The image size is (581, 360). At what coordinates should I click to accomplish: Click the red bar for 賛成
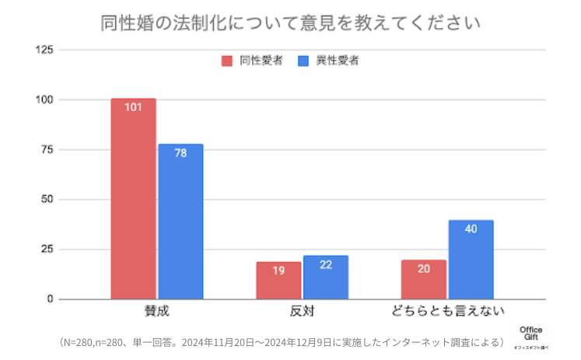pos(133,198)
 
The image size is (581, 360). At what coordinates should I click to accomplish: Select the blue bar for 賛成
pos(180,222)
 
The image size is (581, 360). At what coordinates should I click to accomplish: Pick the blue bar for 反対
pos(326,277)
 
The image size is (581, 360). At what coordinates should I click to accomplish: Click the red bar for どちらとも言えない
pos(424,279)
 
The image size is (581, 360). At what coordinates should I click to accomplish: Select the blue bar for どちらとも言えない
pos(471,260)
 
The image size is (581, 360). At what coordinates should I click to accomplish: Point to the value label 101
pos(133,108)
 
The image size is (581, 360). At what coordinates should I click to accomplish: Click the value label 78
pos(180,153)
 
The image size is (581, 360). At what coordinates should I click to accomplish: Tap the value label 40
pos(471,229)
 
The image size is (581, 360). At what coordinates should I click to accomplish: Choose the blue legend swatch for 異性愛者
pos(304,61)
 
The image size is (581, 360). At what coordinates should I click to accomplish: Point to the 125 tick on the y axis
pos(44,50)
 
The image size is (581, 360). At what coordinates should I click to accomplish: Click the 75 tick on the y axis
pos(47,149)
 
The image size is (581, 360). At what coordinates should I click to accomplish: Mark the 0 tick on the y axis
pos(51,299)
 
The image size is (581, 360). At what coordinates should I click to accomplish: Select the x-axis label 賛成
pos(156,312)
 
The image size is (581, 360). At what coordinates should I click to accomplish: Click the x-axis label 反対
pos(302,312)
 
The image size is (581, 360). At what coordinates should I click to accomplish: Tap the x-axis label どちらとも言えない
pos(447,312)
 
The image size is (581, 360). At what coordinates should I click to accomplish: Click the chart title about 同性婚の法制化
pos(290,23)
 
